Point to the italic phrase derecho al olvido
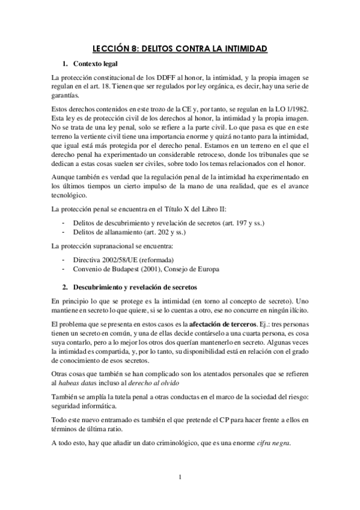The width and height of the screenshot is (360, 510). [157, 382]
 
